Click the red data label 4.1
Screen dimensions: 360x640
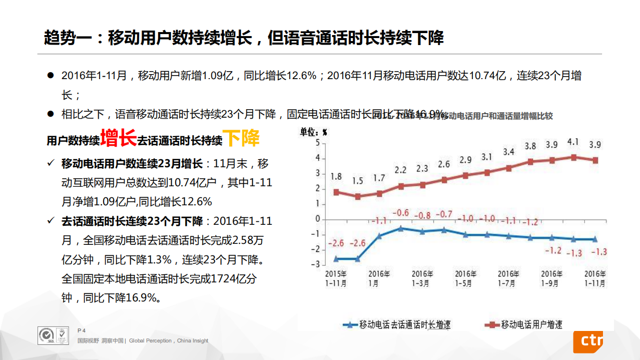tap(573, 142)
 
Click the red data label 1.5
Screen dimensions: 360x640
tap(357, 181)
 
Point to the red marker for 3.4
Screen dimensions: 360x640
tap(508, 168)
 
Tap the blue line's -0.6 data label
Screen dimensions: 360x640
tap(400, 213)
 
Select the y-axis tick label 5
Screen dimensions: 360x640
tap(317, 143)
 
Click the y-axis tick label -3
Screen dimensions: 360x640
tap(315, 264)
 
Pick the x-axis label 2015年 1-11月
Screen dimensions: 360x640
tap(336, 278)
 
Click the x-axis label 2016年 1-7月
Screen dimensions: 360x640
tap(508, 278)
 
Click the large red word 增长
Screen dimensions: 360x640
tap(118, 138)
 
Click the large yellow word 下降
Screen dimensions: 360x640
tap(241, 138)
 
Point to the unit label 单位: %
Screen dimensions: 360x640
tap(313, 132)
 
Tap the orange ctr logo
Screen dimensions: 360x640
tap(587, 341)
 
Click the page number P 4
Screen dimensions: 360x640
tap(82, 330)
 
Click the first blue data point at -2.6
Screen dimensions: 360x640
tap(336, 259)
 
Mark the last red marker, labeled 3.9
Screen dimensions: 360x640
tap(594, 160)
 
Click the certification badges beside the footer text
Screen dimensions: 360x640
tap(53, 335)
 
